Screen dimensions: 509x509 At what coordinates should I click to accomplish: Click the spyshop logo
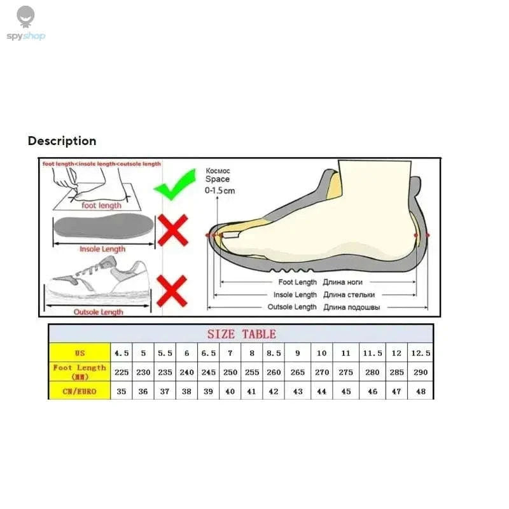26,24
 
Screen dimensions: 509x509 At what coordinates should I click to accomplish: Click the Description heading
62,141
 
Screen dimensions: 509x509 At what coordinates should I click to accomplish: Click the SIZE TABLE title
241,334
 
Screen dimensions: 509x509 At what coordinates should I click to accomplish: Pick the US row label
80,353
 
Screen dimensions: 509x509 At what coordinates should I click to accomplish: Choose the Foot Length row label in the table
80,372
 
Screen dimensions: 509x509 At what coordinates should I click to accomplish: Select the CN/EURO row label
80,391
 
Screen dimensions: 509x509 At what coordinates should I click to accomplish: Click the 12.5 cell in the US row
420,353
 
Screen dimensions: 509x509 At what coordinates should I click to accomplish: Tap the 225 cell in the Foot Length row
122,372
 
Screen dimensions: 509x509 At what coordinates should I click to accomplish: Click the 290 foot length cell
420,372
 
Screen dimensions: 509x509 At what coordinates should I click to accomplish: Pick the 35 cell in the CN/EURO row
122,391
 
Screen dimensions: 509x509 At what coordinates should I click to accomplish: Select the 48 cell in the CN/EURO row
420,391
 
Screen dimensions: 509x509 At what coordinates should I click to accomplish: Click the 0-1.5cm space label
220,190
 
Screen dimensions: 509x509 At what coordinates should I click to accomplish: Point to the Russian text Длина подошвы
351,307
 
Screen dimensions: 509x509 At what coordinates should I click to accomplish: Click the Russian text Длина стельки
349,295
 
